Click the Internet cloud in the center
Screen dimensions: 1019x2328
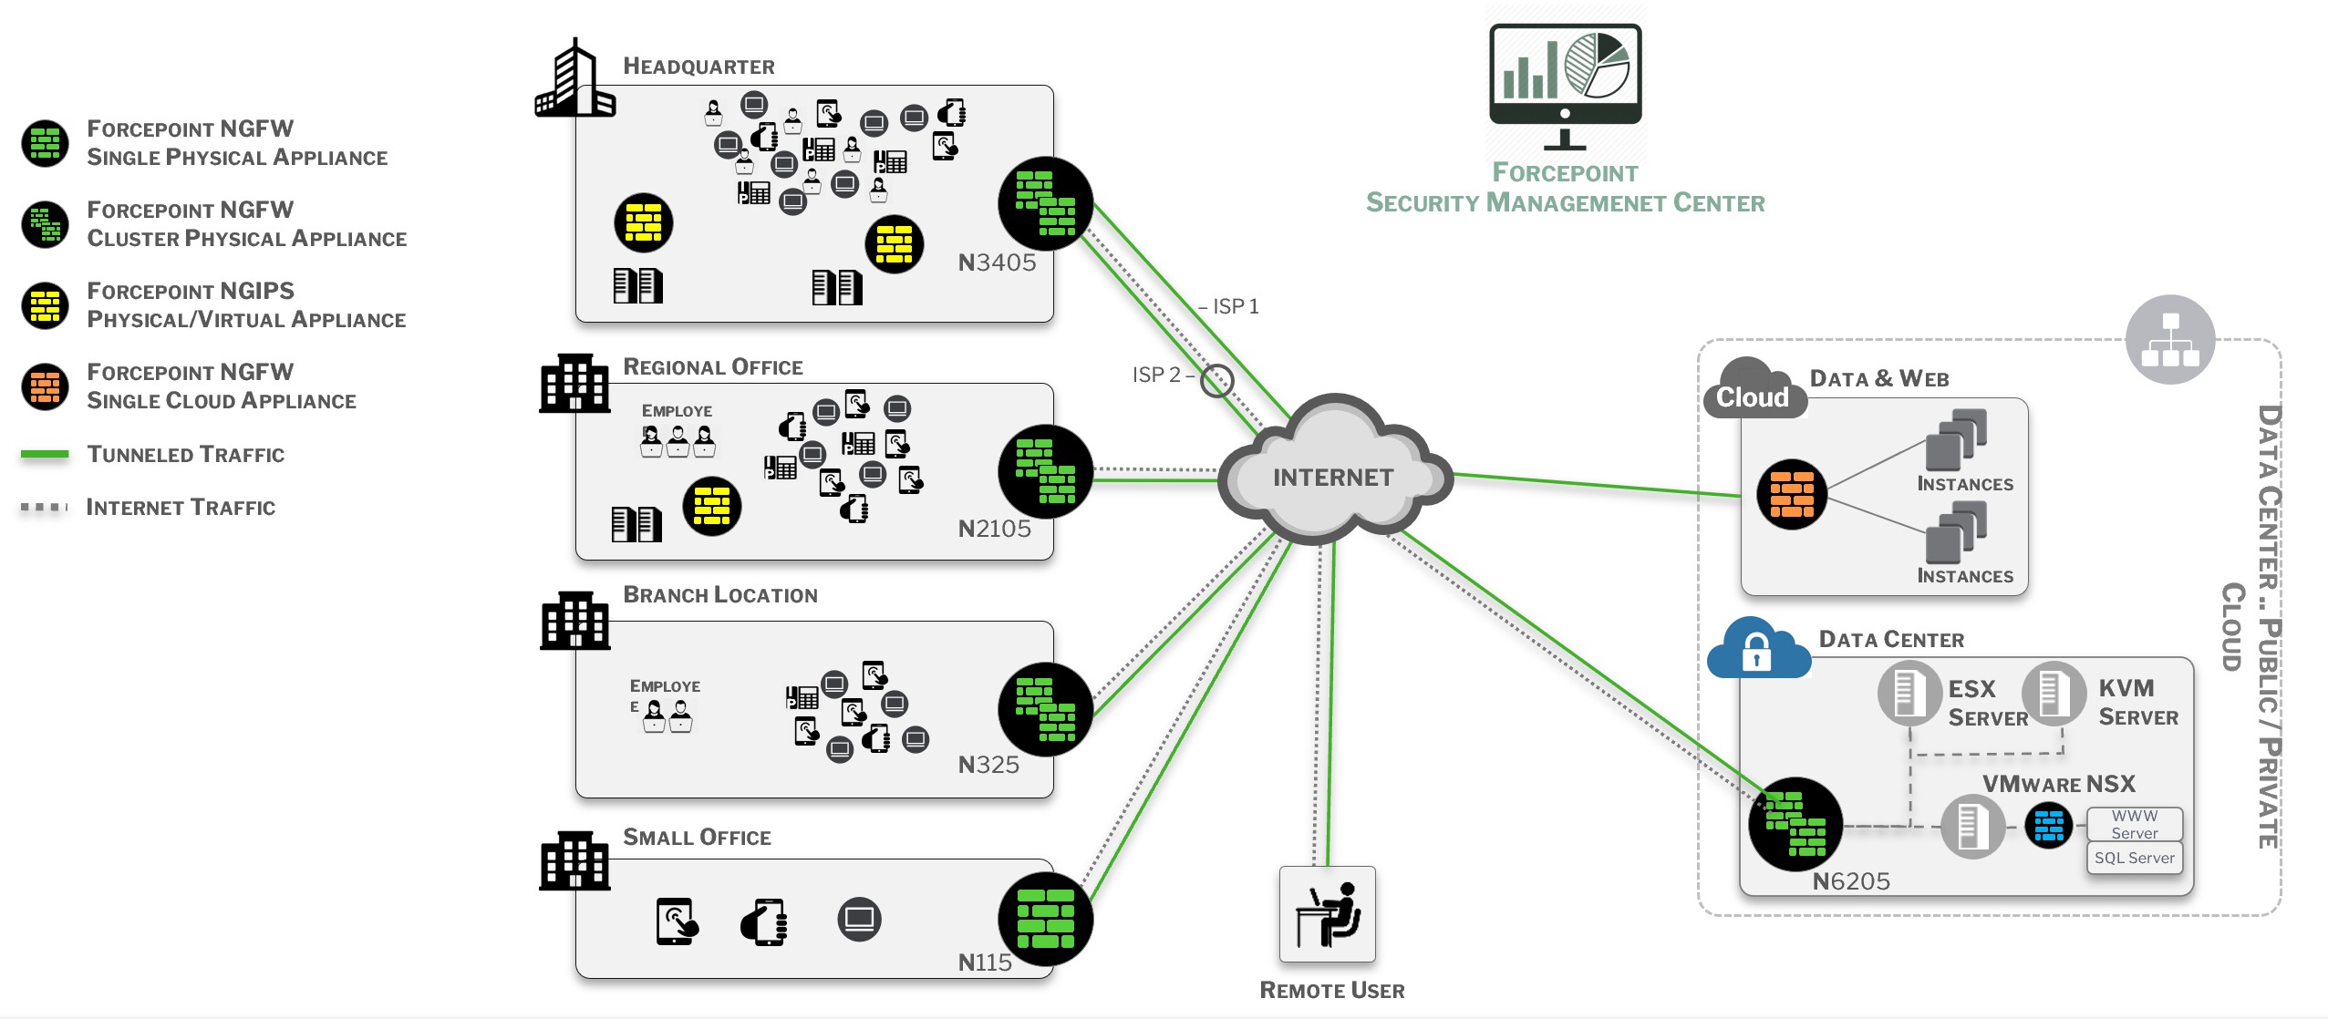(1333, 476)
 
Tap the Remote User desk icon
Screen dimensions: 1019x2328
(1327, 914)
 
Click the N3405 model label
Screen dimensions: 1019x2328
(997, 262)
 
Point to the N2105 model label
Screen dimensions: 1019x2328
(994, 529)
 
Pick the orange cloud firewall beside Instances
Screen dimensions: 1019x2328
(1791, 494)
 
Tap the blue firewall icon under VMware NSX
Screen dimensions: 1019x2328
(2048, 826)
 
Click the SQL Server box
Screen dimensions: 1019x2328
(2134, 858)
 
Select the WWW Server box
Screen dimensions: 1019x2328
(2134, 824)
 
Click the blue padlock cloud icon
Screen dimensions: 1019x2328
(1757, 649)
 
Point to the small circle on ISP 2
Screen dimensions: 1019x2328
(1216, 380)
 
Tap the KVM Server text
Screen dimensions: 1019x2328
(2137, 702)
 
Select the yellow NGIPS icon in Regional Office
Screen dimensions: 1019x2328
(711, 506)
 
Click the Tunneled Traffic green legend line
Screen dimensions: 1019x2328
(45, 454)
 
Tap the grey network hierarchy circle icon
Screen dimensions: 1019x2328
(2169, 339)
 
